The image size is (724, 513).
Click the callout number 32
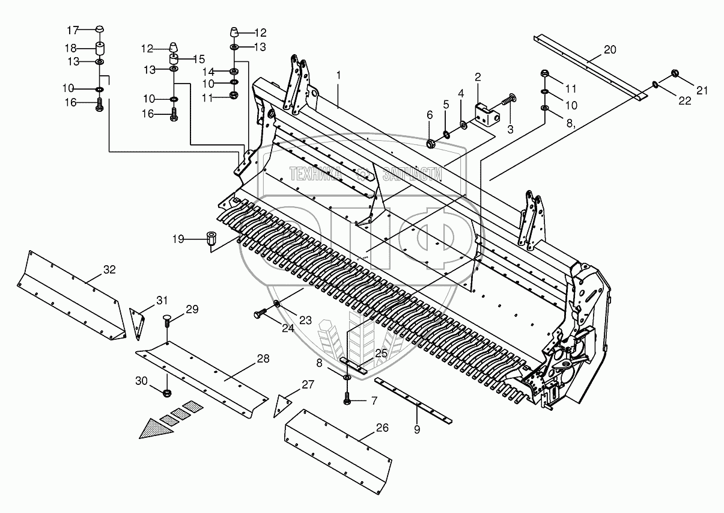(108, 269)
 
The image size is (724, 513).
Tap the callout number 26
(382, 428)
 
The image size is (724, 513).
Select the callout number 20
(609, 50)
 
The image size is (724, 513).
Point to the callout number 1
(339, 75)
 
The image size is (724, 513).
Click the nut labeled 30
(166, 393)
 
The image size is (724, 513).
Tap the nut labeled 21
(674, 74)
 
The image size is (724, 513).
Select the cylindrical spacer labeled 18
(100, 48)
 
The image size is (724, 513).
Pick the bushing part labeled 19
(211, 238)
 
